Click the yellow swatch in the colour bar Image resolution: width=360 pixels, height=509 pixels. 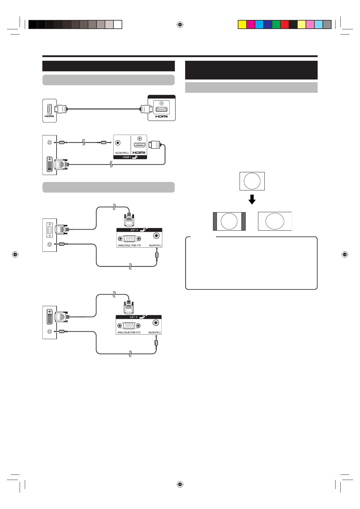242,24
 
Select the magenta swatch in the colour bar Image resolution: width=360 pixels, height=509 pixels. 251,24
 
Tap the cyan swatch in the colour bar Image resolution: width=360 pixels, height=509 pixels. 259,24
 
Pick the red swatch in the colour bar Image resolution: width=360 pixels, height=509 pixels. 285,24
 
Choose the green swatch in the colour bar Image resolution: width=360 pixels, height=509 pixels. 276,24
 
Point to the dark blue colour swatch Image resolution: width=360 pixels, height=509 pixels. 268,24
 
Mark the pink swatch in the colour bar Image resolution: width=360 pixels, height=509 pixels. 310,24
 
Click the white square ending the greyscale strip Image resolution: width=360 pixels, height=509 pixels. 118,24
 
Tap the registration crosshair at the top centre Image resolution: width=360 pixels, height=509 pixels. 180,24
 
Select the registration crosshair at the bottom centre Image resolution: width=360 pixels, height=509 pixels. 180,485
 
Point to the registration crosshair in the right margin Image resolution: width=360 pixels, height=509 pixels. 345,254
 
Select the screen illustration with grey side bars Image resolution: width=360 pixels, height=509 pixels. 229,221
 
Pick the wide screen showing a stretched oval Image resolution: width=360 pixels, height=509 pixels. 275,221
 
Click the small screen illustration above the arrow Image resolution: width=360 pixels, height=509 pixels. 252,181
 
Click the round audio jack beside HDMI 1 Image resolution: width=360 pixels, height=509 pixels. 118,143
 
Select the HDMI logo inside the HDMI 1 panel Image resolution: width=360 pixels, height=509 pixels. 139,153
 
